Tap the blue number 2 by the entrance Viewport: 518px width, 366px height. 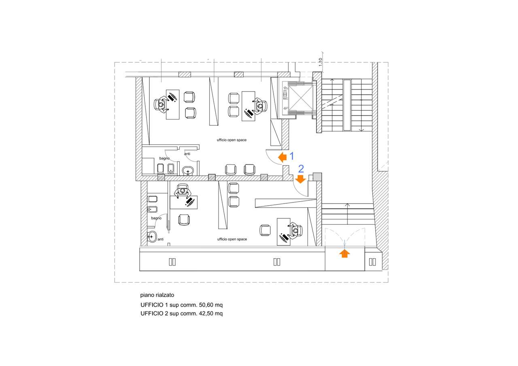pyautogui.click(x=301, y=168)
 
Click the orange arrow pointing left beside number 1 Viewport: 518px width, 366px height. pyautogui.click(x=282, y=157)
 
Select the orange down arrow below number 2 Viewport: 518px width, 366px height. pyautogui.click(x=300, y=179)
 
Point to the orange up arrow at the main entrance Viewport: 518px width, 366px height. pyautogui.click(x=344, y=253)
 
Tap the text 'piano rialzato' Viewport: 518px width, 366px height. pyautogui.click(x=157, y=295)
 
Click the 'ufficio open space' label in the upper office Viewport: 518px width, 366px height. pyautogui.click(x=231, y=140)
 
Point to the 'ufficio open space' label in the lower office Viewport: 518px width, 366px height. pyautogui.click(x=232, y=239)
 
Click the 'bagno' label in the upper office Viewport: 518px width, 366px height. pyautogui.click(x=164, y=158)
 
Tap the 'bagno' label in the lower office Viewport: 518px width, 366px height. pyautogui.click(x=156, y=218)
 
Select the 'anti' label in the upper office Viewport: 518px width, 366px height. pyautogui.click(x=187, y=154)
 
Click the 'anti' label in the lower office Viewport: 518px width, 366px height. pyautogui.click(x=161, y=239)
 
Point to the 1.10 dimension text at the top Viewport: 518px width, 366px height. pyautogui.click(x=320, y=62)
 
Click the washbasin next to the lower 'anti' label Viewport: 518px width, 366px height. pyautogui.click(x=152, y=237)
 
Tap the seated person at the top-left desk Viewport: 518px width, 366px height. pyautogui.click(x=161, y=104)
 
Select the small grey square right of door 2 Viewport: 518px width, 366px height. pyautogui.click(x=317, y=177)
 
